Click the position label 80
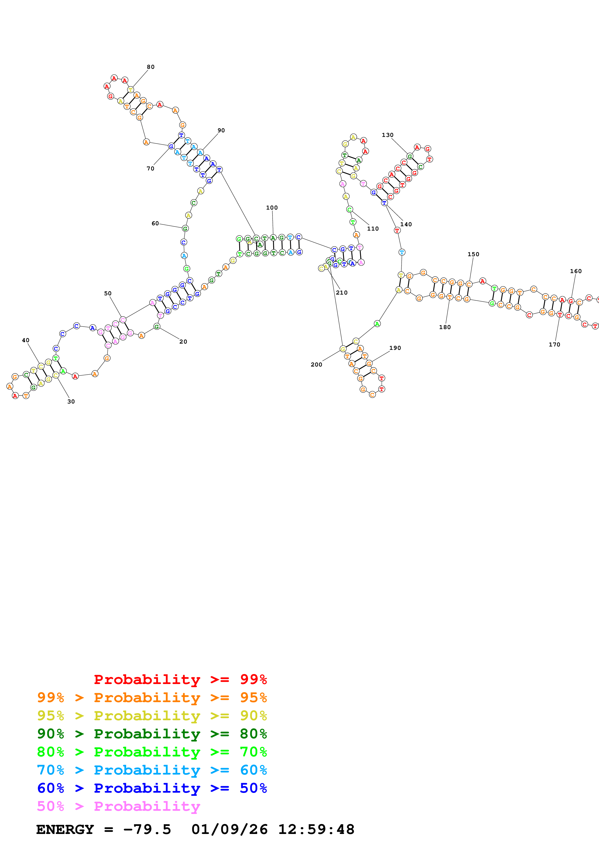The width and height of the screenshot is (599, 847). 151,67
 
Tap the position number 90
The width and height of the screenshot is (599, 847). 221,130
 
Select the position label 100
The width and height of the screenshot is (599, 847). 272,208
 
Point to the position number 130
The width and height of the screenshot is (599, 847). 388,135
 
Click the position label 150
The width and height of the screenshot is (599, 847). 474,254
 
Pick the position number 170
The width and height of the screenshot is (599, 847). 554,345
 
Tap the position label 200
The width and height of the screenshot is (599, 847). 316,365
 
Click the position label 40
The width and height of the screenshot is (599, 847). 25,340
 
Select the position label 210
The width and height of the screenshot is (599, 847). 342,293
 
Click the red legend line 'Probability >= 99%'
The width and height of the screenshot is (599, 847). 180,679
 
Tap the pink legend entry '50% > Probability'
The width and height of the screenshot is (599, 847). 118,806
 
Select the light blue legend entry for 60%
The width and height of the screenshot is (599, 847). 152,770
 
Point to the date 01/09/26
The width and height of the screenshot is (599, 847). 230,829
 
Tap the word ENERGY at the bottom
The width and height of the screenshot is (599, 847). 65,829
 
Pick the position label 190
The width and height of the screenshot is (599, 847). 395,348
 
